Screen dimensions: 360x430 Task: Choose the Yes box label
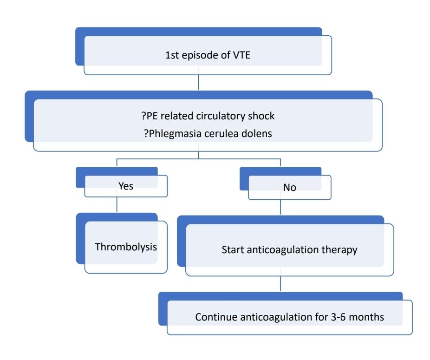coord(126,186)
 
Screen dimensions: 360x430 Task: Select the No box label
coord(289,188)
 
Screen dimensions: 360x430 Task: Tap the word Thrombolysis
coord(126,247)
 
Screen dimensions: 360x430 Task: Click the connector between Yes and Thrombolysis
coord(116,206)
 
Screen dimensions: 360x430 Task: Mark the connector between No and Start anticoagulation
coord(281,207)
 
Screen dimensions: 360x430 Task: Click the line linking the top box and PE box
coord(199,82)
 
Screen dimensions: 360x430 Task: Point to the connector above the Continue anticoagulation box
coord(281,284)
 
